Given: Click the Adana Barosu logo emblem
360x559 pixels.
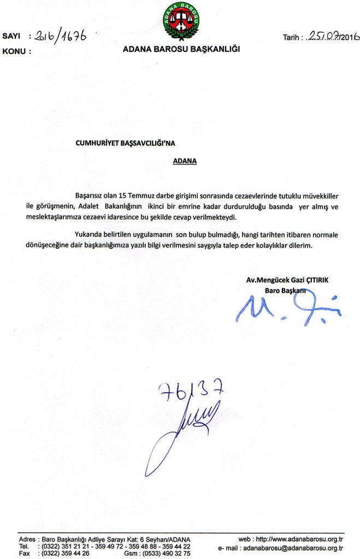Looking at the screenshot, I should pyautogui.click(x=181, y=21).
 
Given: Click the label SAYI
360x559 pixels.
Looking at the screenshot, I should pyautogui.click(x=11, y=37).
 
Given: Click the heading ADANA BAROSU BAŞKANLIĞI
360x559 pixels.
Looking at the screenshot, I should pyautogui.click(x=181, y=49).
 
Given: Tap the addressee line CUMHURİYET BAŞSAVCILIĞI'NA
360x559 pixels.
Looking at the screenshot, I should pyautogui.click(x=127, y=143).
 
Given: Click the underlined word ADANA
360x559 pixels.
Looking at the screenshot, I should pyautogui.click(x=185, y=161).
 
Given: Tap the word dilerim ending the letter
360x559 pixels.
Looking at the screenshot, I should pyautogui.click(x=302, y=246).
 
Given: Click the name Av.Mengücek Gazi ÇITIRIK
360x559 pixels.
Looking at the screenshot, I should pyautogui.click(x=287, y=279).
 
